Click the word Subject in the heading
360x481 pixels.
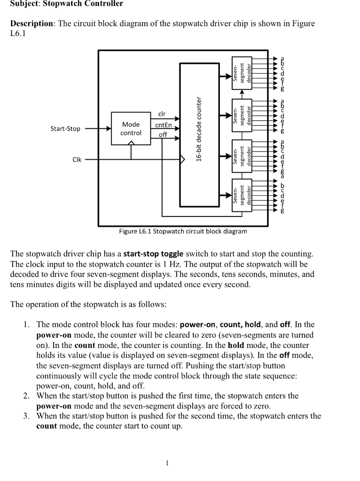click(25, 4)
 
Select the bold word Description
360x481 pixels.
click(31, 23)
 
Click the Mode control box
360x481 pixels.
click(131, 129)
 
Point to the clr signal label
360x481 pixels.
click(162, 114)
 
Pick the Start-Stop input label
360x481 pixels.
click(65, 128)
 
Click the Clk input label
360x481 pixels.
click(76, 160)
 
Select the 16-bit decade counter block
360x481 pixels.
click(199, 134)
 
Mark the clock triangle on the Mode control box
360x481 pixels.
click(131, 143)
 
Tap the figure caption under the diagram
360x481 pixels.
click(183, 231)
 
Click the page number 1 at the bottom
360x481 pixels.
click(167, 463)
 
